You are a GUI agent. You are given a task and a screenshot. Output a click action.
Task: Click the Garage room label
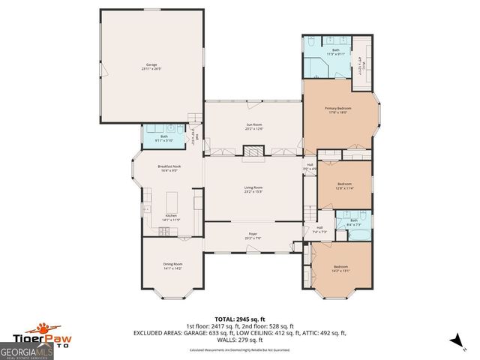click(151, 66)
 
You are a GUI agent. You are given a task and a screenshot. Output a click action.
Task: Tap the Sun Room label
click(254, 127)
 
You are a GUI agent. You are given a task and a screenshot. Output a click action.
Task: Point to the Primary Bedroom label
click(338, 109)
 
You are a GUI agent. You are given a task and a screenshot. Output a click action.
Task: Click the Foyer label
click(253, 235)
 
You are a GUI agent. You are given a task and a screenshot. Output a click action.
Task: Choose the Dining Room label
click(172, 266)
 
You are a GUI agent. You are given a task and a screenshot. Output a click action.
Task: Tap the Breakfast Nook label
click(167, 168)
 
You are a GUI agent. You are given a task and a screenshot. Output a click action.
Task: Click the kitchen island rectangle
click(172, 201)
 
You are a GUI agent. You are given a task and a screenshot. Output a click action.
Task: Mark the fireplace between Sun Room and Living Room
click(253, 152)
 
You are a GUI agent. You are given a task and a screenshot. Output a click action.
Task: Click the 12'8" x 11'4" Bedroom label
click(344, 185)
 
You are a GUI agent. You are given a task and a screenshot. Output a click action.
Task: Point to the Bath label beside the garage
click(163, 138)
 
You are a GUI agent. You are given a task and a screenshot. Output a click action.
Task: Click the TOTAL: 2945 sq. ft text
click(239, 319)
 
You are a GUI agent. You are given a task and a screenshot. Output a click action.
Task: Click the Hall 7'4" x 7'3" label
click(319, 229)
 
